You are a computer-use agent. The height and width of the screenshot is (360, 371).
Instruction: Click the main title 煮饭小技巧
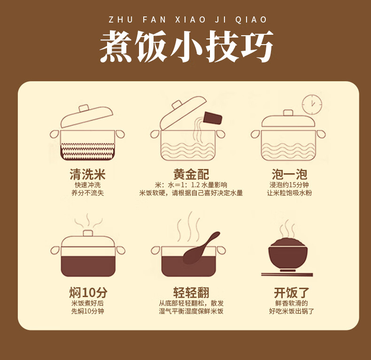pos(186,47)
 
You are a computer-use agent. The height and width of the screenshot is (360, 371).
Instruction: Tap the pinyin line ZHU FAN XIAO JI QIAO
pos(187,20)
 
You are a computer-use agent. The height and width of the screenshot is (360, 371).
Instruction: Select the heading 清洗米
pos(87,175)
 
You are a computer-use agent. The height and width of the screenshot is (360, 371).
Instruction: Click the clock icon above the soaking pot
pos(312,104)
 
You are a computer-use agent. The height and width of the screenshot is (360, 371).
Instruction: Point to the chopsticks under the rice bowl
pos(287,274)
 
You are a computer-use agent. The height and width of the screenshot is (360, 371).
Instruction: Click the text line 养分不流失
pos(87,193)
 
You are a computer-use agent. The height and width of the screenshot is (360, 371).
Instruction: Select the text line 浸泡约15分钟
pos(289,184)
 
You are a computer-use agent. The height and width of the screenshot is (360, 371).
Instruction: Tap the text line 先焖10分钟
pos(87,311)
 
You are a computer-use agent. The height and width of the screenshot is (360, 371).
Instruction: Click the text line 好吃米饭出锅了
pos(292,311)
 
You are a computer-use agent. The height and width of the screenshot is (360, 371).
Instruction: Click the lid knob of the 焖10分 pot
pos(88,233)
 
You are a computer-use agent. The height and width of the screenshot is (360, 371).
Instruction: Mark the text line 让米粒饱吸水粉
pos(289,193)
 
